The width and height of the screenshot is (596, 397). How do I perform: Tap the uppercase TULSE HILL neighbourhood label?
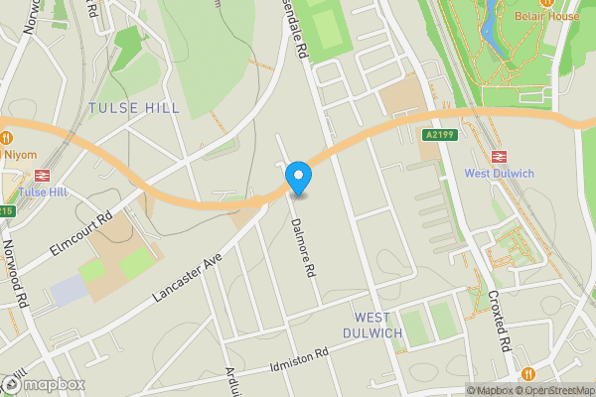tap(134, 107)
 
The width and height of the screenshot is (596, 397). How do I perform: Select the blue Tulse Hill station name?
tap(43, 192)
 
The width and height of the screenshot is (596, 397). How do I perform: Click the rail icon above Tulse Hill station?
tap(43, 175)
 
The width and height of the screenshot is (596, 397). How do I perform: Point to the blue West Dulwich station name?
tap(499, 174)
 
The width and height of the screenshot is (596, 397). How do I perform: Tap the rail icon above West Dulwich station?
tap(499, 156)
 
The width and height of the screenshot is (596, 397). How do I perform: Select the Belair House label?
tap(546, 16)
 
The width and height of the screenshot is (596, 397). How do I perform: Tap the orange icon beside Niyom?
tap(5, 137)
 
